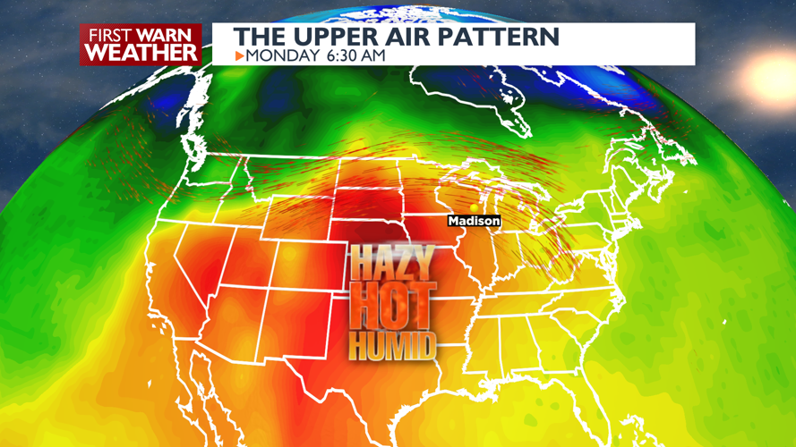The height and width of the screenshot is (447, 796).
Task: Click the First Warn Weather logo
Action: pyautogui.click(x=141, y=44)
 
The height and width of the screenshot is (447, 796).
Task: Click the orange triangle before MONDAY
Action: pyautogui.click(x=239, y=55)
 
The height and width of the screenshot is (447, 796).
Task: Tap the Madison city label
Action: pyautogui.click(x=475, y=221)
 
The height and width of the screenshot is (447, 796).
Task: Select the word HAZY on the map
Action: pyautogui.click(x=391, y=264)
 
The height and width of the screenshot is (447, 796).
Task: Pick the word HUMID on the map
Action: pyautogui.click(x=392, y=344)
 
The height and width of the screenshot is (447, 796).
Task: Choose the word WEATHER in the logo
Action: pyautogui.click(x=141, y=52)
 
